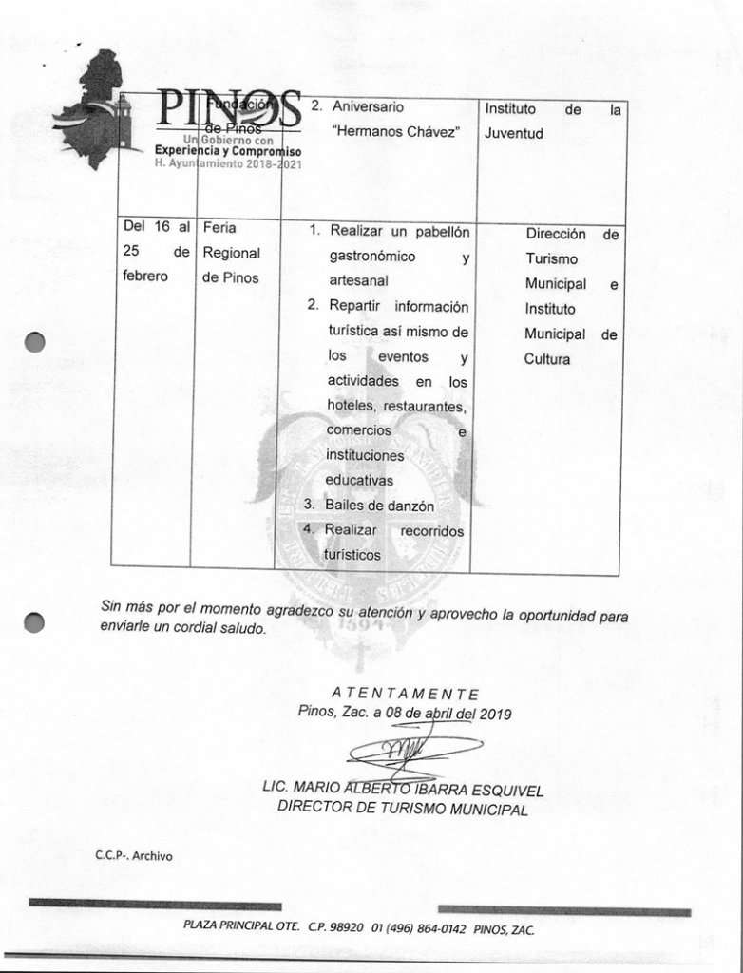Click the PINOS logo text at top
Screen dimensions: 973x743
pos(228,112)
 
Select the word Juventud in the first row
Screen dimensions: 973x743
pos(514,134)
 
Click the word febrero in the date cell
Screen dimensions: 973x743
pos(145,277)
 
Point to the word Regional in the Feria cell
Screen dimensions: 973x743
pos(231,254)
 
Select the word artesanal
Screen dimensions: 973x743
pos(357,281)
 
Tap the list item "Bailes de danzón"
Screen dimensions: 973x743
pos(379,506)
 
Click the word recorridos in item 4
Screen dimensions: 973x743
pos(432,531)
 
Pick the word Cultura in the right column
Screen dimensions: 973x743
pos(547,359)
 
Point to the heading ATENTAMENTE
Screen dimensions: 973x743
pos(406,695)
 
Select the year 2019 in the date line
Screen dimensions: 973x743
pos(495,714)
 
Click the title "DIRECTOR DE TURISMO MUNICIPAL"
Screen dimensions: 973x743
pos(402,810)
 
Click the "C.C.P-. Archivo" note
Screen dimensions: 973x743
pos(133,856)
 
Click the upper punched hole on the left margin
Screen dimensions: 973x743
pos(35,342)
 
